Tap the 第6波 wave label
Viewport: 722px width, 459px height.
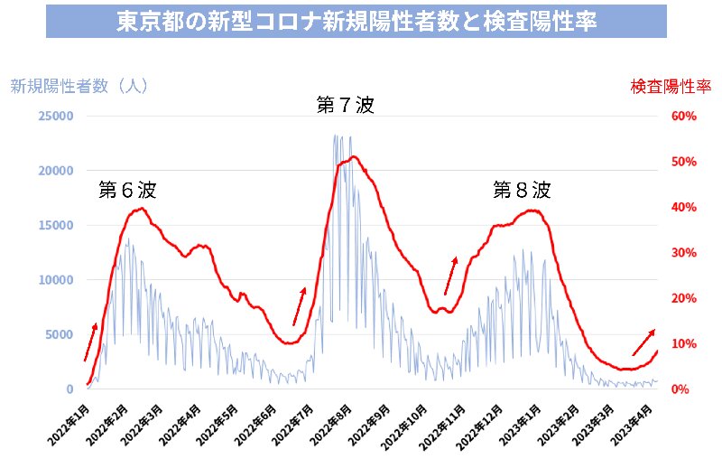(127, 191)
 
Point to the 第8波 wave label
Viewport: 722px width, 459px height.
(521, 191)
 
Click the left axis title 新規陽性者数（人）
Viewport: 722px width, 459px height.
(79, 87)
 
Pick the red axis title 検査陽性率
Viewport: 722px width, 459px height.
(671, 87)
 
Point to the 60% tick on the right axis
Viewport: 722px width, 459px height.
(682, 117)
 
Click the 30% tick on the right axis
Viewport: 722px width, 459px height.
(682, 253)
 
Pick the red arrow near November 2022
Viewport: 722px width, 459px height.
(450, 276)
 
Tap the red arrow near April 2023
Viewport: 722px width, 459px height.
(643, 342)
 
